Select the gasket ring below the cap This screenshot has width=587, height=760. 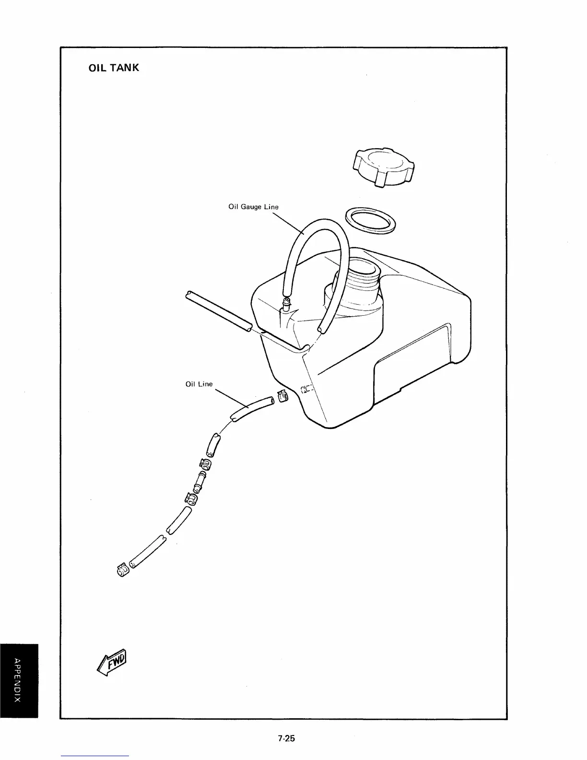coord(372,220)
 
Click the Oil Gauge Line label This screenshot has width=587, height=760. coord(253,207)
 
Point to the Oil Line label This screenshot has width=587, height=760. coord(199,384)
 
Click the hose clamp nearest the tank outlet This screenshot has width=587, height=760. coord(282,396)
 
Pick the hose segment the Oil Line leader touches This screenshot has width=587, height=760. coord(252,408)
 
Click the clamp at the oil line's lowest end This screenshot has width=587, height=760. coord(122,570)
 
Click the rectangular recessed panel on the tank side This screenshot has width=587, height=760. coord(412,365)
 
